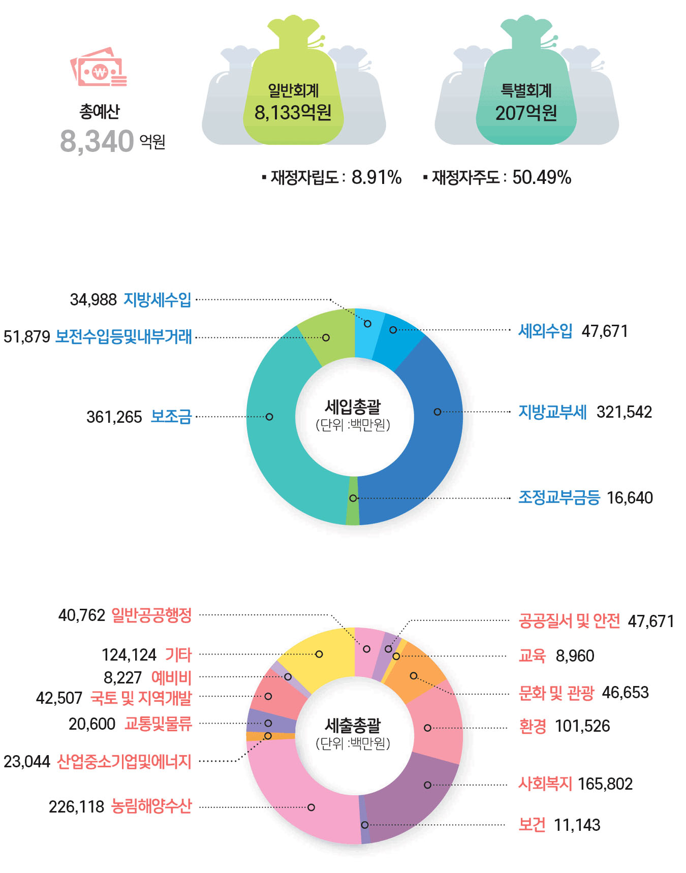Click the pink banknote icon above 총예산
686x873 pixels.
coord(99,68)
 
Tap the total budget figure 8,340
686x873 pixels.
coord(97,141)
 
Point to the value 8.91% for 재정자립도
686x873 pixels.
coord(377,177)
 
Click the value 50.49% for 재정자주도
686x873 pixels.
coord(542,177)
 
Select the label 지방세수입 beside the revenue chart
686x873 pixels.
coord(158,300)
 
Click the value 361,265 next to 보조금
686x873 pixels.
coord(114,417)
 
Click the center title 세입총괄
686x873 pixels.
coord(353,407)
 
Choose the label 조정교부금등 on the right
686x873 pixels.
coord(559,497)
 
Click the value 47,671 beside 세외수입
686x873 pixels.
coord(605,331)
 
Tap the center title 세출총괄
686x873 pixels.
coord(353,726)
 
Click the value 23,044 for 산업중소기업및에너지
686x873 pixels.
coord(27,762)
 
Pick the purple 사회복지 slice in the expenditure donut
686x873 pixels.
coord(412,793)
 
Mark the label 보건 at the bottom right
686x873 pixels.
coord(532,825)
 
